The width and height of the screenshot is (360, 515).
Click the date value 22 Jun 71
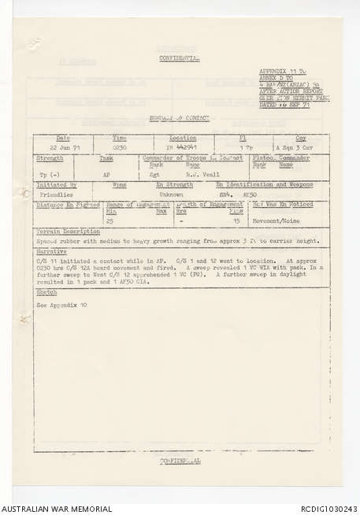point(62,146)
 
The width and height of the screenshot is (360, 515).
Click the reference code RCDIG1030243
point(327,509)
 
